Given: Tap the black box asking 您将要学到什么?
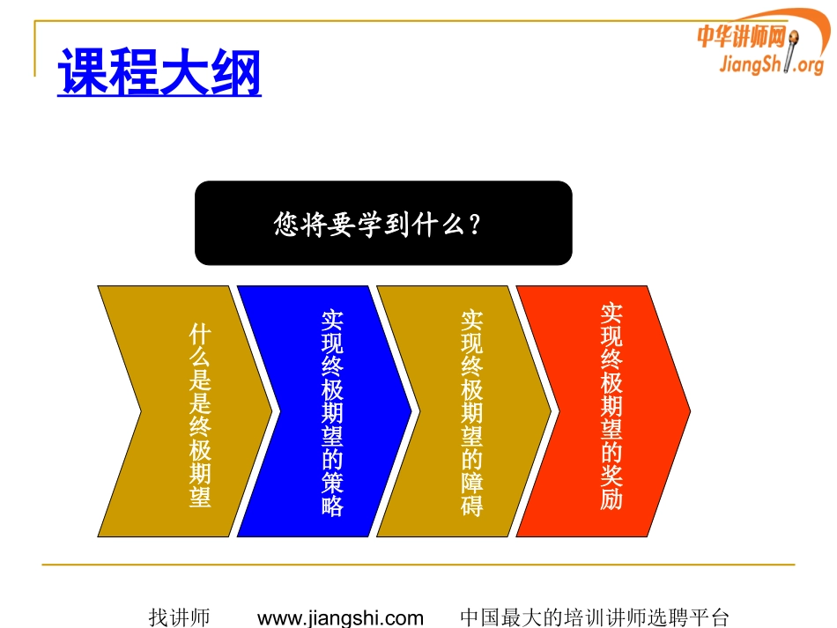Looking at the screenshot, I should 383,223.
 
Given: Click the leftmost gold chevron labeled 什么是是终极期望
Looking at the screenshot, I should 185,410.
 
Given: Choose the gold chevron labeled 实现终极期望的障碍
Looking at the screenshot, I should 463,410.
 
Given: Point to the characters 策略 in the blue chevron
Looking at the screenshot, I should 332,494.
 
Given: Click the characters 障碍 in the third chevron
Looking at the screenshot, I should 472,494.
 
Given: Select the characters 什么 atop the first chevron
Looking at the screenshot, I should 200,346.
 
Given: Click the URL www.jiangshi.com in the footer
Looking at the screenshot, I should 340,617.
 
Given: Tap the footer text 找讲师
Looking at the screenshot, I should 179,617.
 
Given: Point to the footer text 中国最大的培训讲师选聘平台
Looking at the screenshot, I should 595,617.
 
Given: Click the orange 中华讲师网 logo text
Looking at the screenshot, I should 740,36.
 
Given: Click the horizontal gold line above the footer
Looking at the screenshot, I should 418,565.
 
